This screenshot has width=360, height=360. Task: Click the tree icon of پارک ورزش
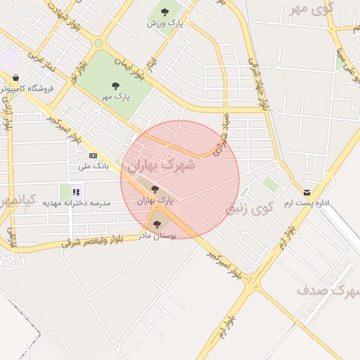click(x=165, y=12)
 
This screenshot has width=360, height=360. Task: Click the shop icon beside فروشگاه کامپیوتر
click(x=15, y=78)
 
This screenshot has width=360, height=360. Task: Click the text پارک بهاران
click(x=155, y=200)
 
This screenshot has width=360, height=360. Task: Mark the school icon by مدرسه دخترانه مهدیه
click(x=76, y=191)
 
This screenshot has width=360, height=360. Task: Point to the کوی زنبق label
click(x=248, y=209)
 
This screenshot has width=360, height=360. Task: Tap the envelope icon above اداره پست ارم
click(x=307, y=192)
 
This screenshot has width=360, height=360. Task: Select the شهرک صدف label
click(x=323, y=289)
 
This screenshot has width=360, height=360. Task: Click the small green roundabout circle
click(x=98, y=43)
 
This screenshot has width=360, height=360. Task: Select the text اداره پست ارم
click(x=307, y=203)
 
